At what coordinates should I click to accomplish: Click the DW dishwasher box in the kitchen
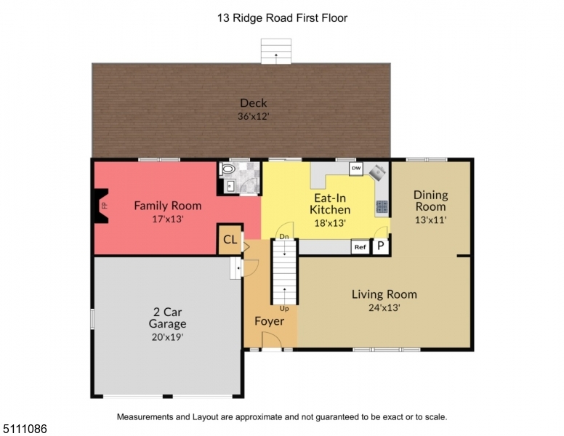click(356, 169)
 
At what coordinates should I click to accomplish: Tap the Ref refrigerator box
click(360, 247)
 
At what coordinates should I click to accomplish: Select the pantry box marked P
click(381, 247)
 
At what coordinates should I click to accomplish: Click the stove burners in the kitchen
click(382, 206)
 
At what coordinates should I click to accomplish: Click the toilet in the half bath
click(228, 169)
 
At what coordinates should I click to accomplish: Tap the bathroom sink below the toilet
click(230, 186)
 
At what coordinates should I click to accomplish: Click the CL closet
click(230, 240)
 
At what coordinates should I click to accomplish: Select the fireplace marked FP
click(102, 206)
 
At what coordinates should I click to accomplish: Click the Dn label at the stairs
click(284, 237)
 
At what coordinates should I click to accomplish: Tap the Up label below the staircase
click(284, 309)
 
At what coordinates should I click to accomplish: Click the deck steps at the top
click(276, 51)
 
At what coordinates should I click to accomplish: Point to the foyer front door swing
click(271, 340)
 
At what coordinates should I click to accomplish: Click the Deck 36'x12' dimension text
click(254, 116)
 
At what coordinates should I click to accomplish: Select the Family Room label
click(168, 206)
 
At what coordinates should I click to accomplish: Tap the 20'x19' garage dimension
click(168, 337)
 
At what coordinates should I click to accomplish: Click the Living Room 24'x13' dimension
click(384, 307)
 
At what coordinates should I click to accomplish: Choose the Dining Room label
click(430, 201)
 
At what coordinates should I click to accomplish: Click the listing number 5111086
click(25, 429)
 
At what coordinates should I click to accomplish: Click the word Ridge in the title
click(248, 18)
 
